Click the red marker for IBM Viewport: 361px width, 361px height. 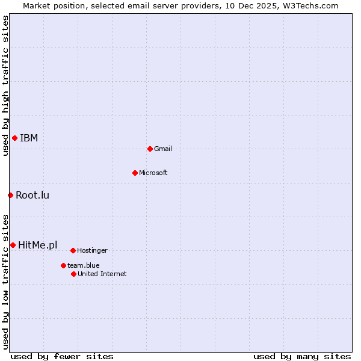point(14,138)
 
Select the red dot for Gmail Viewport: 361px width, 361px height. point(150,149)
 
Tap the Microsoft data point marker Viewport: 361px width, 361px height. point(135,173)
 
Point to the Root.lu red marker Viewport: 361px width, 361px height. point(10,195)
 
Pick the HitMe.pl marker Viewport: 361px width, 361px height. point(13,245)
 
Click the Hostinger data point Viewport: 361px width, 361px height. point(73,250)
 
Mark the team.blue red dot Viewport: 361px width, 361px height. point(63,265)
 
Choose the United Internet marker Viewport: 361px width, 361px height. point(73,274)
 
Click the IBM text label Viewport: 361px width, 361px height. point(29,138)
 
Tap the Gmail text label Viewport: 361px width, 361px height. point(163,149)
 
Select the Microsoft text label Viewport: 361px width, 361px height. point(153,173)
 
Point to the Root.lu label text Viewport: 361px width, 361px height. point(32,195)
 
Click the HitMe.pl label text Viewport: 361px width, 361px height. point(38,245)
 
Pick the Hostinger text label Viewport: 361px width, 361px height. point(92,250)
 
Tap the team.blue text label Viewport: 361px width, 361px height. point(84,265)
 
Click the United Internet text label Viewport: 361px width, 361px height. point(102,274)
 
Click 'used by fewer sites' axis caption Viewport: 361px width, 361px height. point(62,356)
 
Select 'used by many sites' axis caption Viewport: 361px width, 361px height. point(302,356)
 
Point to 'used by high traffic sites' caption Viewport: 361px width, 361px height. point(6,85)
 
